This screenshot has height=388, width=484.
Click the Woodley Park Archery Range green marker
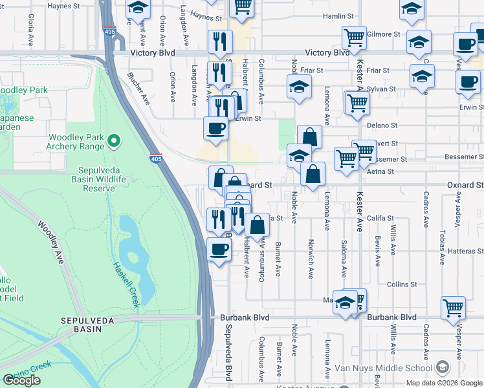(114, 140)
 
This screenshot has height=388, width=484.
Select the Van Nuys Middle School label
(383, 368)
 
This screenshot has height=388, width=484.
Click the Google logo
(21, 380)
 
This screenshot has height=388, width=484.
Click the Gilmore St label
(383, 34)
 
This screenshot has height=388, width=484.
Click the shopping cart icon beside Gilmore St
(355, 38)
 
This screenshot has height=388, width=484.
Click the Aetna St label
(380, 172)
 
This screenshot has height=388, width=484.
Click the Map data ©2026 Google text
(443, 383)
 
